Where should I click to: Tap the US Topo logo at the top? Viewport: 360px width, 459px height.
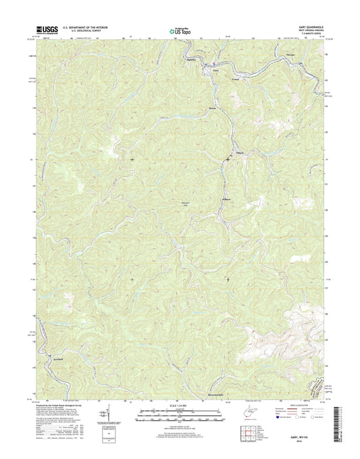point(176,30)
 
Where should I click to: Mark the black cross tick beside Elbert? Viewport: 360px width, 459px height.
point(227,160)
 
